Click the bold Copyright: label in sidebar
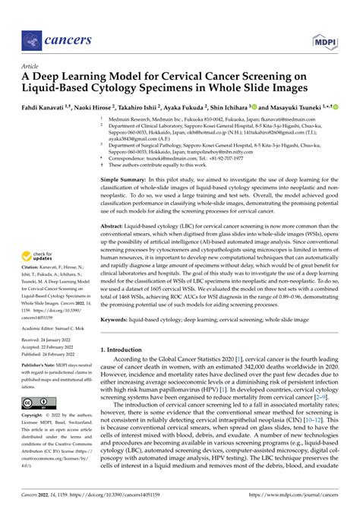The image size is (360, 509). (x=33, y=416)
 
